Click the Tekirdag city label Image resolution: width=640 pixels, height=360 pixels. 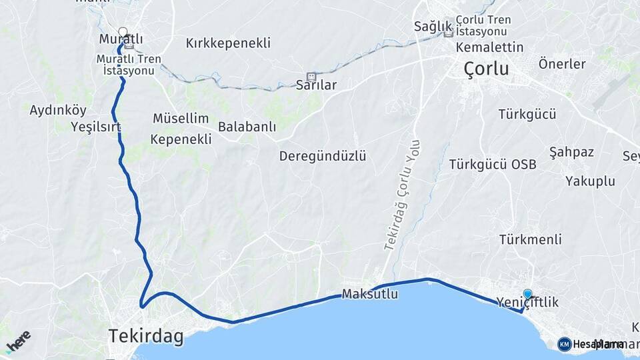coord(146,337)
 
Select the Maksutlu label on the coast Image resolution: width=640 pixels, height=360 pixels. coord(370,293)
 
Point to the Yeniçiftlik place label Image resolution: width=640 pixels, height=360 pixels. coord(527,303)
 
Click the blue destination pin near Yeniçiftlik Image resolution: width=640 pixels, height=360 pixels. coord(528,293)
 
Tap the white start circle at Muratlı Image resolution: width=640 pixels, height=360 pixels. coord(123,31)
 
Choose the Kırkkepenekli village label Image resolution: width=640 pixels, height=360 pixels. coord(228,43)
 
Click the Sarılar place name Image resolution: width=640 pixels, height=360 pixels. coord(316,85)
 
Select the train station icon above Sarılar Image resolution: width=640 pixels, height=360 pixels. coord(311,77)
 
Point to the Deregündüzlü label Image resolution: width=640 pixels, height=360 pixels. coord(323,156)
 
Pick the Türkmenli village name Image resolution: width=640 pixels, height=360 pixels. coord(530,239)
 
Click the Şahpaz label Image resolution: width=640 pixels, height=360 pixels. coord(571,152)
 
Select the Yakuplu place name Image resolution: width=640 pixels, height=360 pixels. coord(589,181)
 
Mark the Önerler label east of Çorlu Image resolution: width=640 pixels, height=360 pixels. coord(561,65)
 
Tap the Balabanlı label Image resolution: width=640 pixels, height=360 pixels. coord(247,127)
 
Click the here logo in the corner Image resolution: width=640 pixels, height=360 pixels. coord(18,341)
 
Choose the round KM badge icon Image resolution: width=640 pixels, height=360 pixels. coord(565,344)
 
